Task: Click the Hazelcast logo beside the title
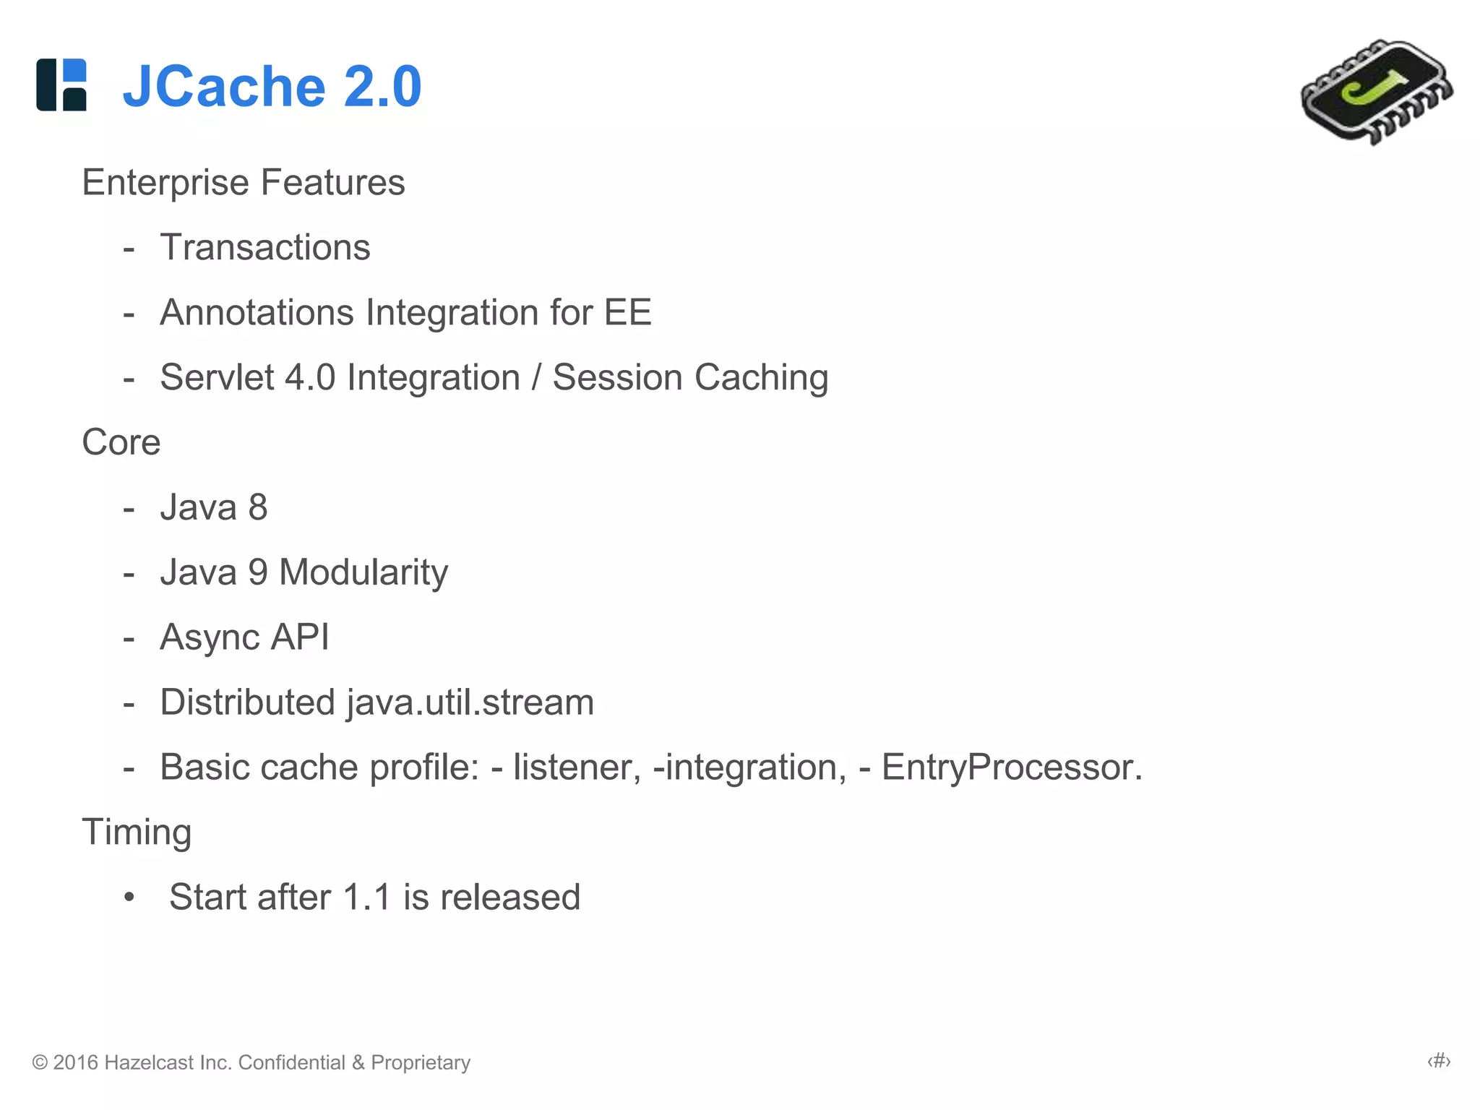[x=61, y=85]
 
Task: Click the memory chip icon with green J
[x=1377, y=92]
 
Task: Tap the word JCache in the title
[x=224, y=87]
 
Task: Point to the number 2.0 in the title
[x=382, y=87]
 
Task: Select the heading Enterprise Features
[x=243, y=182]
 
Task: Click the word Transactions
[x=264, y=247]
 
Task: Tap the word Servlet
[x=217, y=377]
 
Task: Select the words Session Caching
[x=690, y=377]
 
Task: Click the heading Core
[x=121, y=442]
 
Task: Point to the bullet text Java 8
[x=213, y=507]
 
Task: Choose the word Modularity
[x=363, y=572]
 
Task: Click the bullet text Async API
[x=244, y=637]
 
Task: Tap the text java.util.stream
[x=470, y=702]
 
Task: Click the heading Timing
[x=137, y=832]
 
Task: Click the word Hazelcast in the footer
[x=148, y=1062]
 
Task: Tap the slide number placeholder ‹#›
[x=1439, y=1061]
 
